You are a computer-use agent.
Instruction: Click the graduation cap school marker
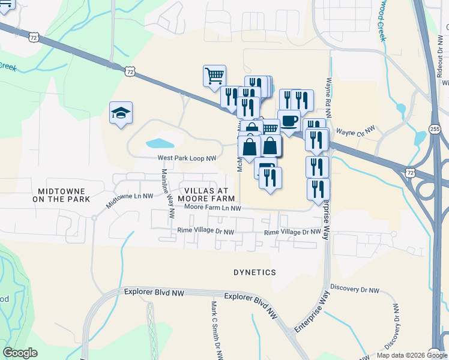(121, 113)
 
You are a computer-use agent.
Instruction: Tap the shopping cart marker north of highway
(214, 76)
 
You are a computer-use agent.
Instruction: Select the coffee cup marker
(289, 121)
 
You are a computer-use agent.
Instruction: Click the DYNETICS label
(255, 272)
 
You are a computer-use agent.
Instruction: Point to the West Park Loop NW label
(186, 158)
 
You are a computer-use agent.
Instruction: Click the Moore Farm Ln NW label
(212, 208)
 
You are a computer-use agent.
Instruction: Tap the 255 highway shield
(436, 128)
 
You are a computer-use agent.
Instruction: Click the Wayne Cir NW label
(355, 130)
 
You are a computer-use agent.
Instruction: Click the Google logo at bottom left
(20, 352)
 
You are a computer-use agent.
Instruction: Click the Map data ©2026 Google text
(412, 355)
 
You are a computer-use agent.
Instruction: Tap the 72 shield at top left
(34, 37)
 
